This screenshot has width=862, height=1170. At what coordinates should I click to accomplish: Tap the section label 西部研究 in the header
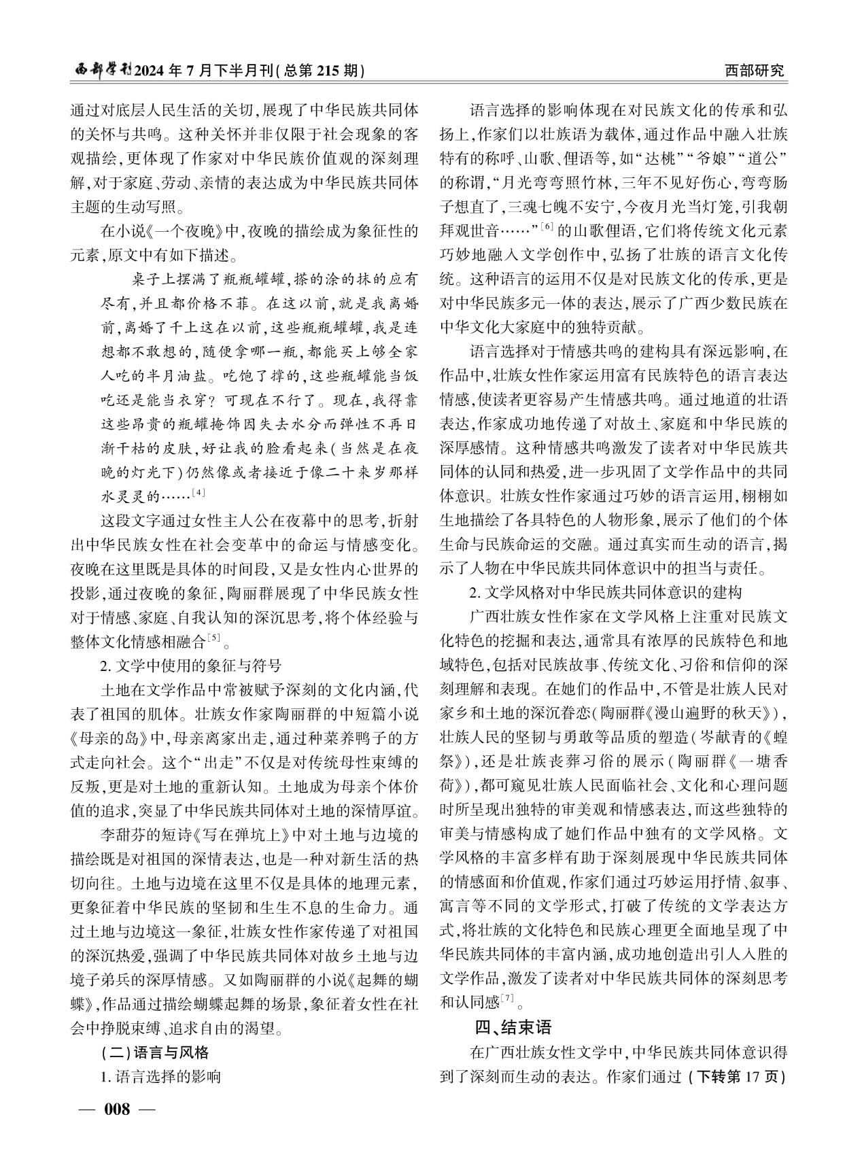coord(754,70)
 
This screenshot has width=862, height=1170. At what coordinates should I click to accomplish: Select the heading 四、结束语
coord(513,1027)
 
